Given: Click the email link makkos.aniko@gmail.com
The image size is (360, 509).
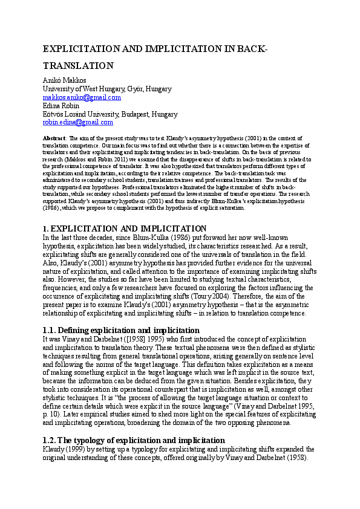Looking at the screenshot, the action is (x=82, y=97).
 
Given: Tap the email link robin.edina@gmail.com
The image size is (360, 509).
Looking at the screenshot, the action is (x=77, y=122).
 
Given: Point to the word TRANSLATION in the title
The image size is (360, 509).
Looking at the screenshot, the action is (x=78, y=66).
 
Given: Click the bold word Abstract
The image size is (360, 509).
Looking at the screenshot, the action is (x=54, y=138).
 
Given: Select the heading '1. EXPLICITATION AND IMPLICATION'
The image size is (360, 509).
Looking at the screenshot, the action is (x=125, y=229).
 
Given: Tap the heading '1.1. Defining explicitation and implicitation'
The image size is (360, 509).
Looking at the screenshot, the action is (x=121, y=331).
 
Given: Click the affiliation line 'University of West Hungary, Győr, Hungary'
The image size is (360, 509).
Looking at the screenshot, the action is (x=107, y=89).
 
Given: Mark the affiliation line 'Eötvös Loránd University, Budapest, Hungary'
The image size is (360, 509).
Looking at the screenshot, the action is (x=110, y=114).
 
